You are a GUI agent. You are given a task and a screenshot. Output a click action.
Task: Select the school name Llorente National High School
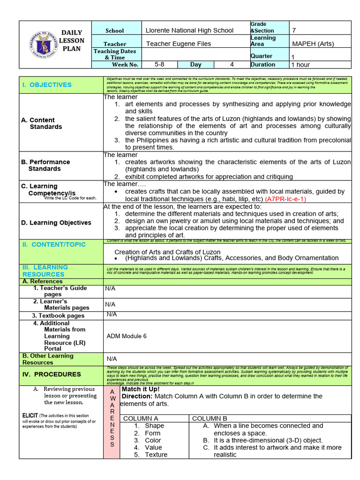click(189, 30)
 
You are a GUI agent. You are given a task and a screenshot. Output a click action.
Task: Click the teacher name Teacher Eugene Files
click(179, 44)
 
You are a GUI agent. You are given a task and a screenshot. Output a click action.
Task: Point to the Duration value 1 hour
click(300, 65)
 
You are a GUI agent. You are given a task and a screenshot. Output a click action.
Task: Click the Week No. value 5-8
click(159, 65)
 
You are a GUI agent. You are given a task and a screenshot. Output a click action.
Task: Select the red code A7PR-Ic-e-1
click(285, 199)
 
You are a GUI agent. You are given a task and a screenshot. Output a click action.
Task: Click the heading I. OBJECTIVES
click(47, 85)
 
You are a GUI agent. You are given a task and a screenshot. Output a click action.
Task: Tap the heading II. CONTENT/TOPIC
click(54, 245)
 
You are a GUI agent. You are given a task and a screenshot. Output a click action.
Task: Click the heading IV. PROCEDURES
click(52, 375)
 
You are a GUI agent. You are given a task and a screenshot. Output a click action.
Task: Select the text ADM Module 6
click(127, 336)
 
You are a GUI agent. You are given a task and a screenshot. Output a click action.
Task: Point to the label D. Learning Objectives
click(56, 223)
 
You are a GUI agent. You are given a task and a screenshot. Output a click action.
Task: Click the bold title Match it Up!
click(141, 389)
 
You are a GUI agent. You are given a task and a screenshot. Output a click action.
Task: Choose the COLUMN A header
click(141, 419)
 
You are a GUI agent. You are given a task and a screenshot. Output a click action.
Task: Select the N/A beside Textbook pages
click(112, 315)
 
